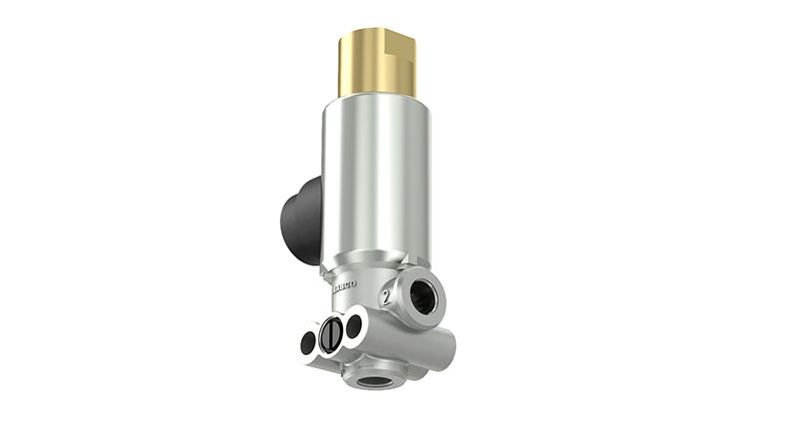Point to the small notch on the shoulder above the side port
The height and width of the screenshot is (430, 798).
coord(404,267)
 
